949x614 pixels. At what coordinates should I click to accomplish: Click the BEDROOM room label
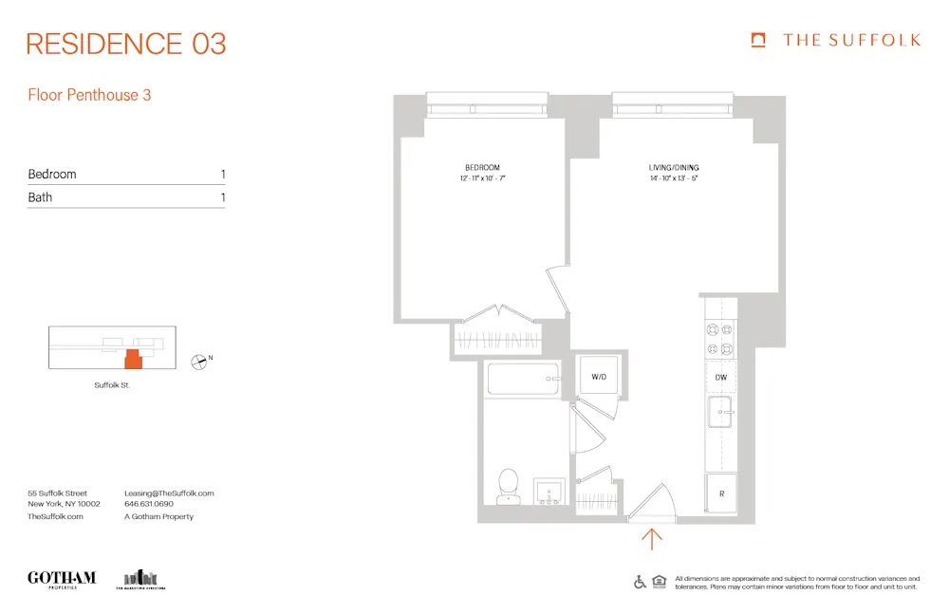[482, 167]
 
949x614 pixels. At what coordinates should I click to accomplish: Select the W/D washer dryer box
[599, 377]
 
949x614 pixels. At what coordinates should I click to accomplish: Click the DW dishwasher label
[721, 378]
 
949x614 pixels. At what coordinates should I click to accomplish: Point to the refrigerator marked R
[721, 494]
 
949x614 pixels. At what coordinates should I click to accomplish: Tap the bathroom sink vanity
[549, 492]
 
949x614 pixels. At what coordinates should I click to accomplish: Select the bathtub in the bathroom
[524, 381]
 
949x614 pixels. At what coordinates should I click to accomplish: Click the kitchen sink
[721, 413]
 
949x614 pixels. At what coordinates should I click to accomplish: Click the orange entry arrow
[652, 539]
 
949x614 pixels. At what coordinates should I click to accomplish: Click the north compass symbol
[199, 360]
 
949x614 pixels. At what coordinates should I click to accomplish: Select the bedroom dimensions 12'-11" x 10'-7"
[482, 178]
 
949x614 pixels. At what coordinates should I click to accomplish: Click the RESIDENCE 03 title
[126, 44]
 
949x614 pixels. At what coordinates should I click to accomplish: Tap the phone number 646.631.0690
[149, 505]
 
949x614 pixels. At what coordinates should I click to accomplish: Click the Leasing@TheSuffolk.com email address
[169, 493]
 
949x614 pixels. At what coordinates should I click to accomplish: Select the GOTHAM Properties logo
[62, 579]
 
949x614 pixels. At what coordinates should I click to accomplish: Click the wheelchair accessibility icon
[640, 582]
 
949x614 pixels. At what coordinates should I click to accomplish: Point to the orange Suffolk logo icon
[758, 40]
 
